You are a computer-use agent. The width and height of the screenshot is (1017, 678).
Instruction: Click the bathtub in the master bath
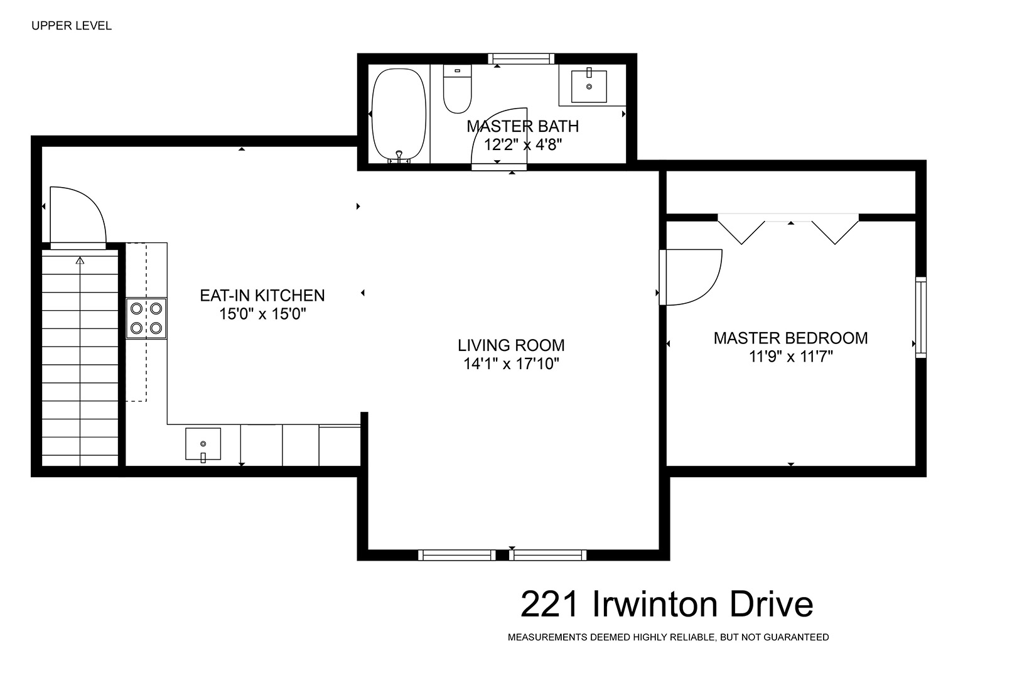coord(399,115)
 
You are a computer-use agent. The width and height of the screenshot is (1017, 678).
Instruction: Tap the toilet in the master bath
coord(458,89)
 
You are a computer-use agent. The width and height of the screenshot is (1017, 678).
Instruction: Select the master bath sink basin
coord(589,86)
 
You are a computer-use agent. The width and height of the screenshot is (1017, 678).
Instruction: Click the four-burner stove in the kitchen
coord(146,318)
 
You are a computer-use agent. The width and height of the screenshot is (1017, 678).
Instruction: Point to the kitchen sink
coord(203,444)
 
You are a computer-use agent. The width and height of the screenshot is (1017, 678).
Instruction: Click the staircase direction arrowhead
coord(80,261)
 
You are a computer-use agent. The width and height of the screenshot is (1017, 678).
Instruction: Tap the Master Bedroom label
coord(790,338)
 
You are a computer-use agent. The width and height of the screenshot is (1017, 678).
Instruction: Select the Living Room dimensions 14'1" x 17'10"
coord(511,363)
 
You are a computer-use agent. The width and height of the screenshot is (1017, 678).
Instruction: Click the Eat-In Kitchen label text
coord(262,296)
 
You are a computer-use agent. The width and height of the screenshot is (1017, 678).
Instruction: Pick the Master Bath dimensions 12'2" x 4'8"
coord(522,145)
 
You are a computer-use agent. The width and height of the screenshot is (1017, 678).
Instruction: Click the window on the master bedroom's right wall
coord(921,318)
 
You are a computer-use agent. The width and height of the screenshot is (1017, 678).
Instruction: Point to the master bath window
coord(521,59)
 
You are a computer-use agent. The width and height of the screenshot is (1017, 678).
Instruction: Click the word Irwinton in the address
coord(655,605)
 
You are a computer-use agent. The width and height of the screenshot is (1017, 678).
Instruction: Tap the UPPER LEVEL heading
coord(72,26)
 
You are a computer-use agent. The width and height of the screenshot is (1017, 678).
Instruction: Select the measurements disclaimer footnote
coord(669,637)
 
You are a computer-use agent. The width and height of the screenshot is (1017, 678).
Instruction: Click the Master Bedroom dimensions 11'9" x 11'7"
coord(791,357)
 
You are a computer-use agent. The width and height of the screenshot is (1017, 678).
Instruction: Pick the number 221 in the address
coord(550,605)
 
